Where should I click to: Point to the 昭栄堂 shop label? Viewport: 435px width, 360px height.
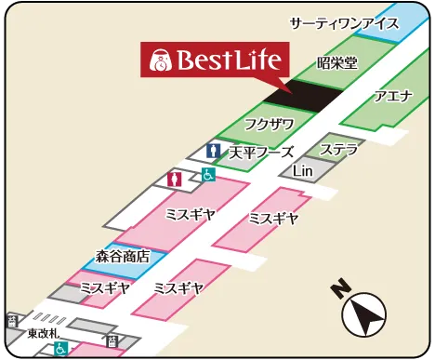point(337,62)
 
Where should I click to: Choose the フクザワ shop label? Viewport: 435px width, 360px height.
point(269,124)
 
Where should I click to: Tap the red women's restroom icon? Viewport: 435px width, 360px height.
point(174,178)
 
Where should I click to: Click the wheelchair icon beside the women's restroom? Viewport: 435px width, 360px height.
point(209,174)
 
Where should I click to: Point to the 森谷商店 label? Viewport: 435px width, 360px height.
point(123,255)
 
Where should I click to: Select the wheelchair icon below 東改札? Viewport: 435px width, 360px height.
point(60,349)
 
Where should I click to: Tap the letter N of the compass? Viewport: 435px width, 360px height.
point(341,290)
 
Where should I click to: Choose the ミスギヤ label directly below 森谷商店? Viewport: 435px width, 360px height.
point(105,287)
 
